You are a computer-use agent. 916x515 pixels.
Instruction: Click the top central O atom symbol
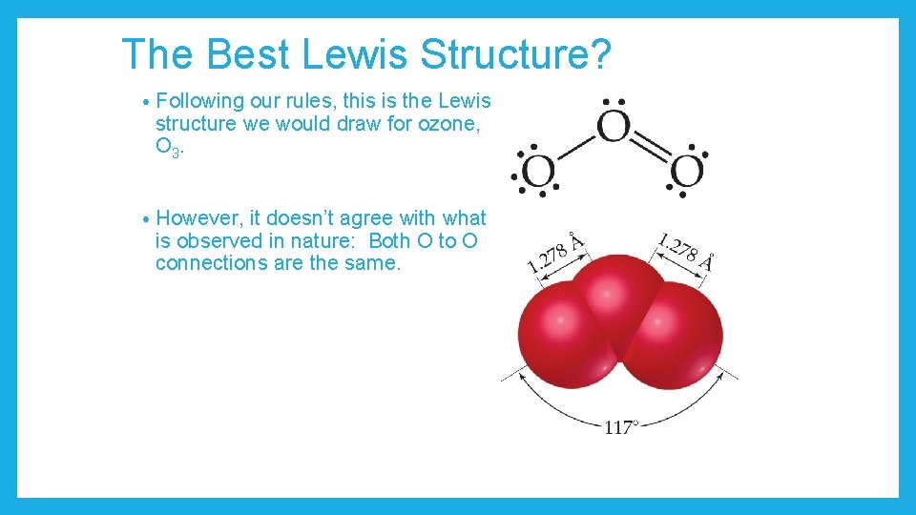pos(614,127)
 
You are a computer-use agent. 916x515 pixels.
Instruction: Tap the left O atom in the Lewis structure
pos(538,173)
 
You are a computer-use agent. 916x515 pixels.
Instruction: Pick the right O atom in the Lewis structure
pos(687,173)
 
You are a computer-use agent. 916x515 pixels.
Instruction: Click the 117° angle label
pos(620,428)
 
